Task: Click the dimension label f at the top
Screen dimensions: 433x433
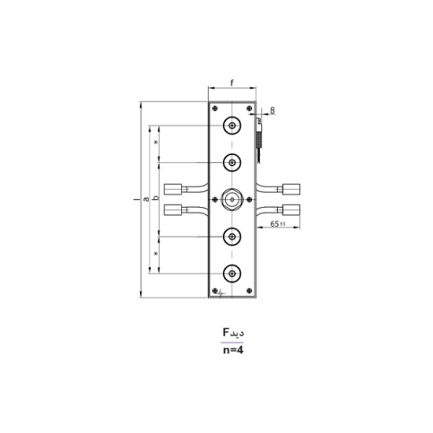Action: (x=233, y=82)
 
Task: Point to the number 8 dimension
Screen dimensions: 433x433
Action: (x=272, y=110)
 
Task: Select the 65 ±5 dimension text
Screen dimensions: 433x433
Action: (x=276, y=224)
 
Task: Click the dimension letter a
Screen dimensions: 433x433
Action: (x=148, y=201)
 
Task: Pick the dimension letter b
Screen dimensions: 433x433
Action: (x=156, y=198)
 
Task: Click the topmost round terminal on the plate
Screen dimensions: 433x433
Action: (x=232, y=127)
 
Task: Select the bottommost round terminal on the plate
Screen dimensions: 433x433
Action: (x=232, y=273)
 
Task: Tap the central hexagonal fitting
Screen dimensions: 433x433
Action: (x=232, y=199)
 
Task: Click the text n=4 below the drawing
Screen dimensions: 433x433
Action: (x=233, y=352)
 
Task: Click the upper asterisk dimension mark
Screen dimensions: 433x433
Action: (x=156, y=142)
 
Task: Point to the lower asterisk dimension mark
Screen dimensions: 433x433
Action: (x=156, y=254)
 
